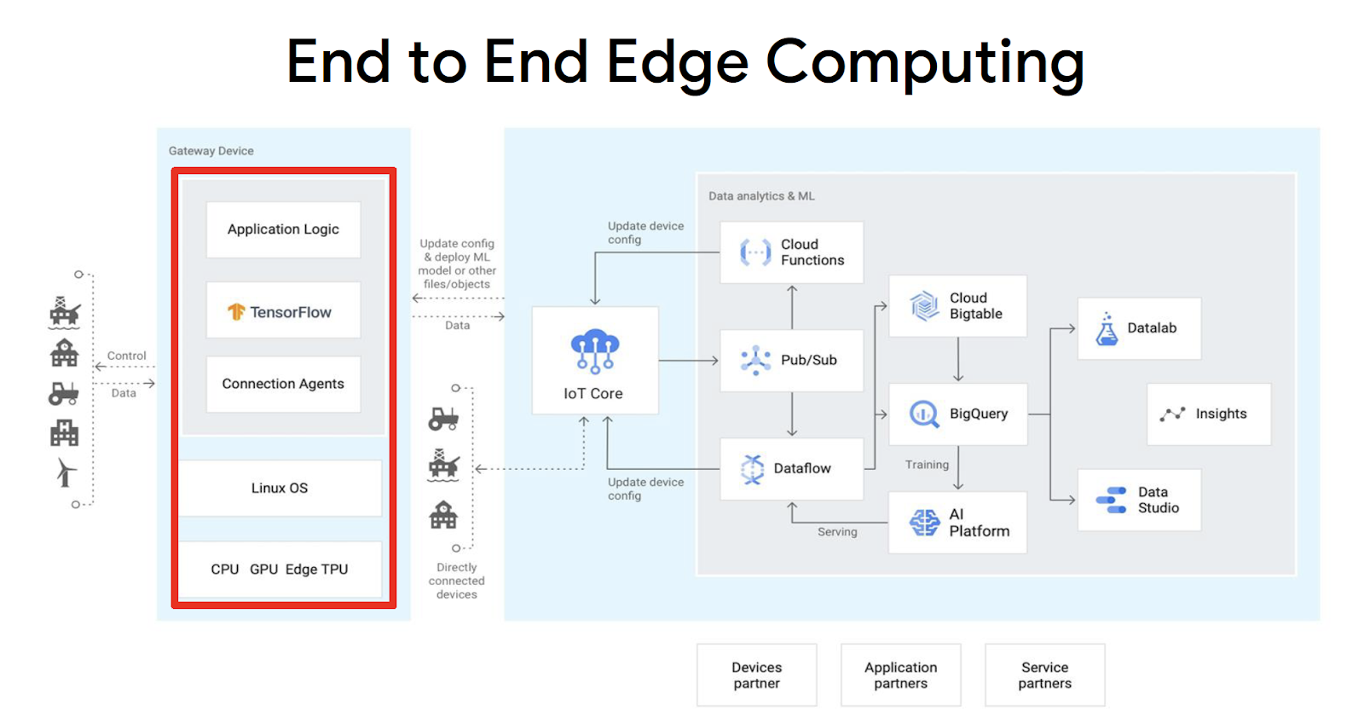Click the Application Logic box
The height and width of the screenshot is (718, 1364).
tap(283, 229)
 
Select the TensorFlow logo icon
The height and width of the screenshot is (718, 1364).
tap(236, 312)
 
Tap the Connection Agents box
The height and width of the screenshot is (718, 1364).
tap(283, 384)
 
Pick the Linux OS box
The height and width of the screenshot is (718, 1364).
tap(280, 488)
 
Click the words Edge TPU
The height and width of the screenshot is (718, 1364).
tap(316, 569)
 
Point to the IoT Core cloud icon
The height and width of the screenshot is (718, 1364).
tap(594, 350)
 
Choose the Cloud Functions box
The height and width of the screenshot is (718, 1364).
tap(791, 252)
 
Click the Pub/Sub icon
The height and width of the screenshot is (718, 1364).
tap(755, 361)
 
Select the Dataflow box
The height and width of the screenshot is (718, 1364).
tap(791, 468)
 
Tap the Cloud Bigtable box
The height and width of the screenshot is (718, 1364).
tap(957, 306)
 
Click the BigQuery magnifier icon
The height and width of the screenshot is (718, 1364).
tap(924, 414)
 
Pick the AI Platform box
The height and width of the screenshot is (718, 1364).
tap(957, 523)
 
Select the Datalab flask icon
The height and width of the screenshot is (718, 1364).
tap(1107, 329)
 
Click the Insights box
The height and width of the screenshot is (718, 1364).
tap(1208, 414)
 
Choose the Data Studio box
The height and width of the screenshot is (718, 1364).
tap(1139, 500)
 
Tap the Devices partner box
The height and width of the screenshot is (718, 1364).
tap(756, 675)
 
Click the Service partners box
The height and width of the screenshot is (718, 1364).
tap(1044, 675)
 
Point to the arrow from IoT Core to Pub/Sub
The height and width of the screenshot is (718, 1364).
tap(688, 361)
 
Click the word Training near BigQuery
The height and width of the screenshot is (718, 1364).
tap(927, 465)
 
